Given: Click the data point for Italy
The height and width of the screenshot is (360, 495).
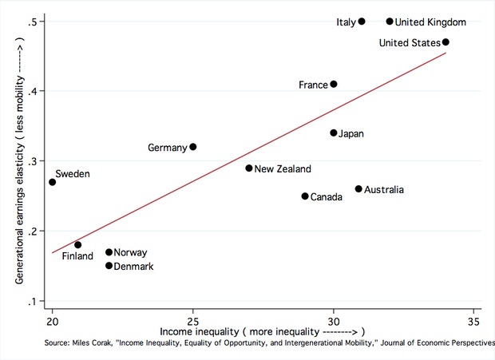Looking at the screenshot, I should click(362, 22).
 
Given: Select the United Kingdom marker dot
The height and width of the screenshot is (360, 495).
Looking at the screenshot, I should click(390, 22).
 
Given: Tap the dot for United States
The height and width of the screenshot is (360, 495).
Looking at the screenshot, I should click(445, 42).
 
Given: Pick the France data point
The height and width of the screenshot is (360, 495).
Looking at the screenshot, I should click(334, 84).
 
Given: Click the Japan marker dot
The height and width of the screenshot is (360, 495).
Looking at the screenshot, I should click(334, 133).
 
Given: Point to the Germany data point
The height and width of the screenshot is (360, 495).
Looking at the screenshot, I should click(193, 147).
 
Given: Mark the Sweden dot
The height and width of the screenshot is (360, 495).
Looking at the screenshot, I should click(53, 182).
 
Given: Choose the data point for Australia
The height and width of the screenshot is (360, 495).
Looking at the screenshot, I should click(358, 189).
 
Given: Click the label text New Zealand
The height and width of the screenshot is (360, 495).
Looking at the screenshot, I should click(283, 168).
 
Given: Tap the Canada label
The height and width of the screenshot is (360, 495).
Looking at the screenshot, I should click(327, 196).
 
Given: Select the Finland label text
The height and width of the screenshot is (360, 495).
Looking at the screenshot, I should click(77, 257).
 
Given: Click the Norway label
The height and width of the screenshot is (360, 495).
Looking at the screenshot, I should click(130, 252).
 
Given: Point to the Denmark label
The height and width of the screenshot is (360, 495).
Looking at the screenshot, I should click(134, 266).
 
